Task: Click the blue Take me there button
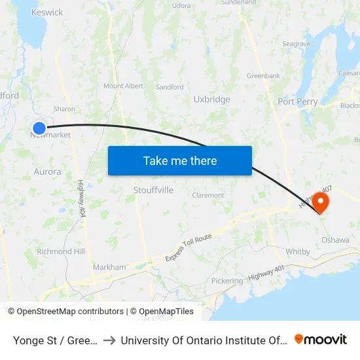pos(179,160)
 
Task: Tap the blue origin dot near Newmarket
pos(39,128)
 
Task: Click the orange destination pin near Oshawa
pos(321,200)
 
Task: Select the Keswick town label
pos(47,12)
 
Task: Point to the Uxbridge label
pos(211,99)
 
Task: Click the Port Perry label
pos(297,101)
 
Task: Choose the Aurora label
pos(47,171)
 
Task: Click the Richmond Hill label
pos(61,251)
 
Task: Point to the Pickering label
pos(226,280)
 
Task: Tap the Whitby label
pos(297,252)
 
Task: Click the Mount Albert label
pos(123,86)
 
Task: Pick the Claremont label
pos(208,195)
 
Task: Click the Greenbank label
pos(263,76)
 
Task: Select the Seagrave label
pos(296,44)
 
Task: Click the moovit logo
pos(321,339)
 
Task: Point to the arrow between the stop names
pos(109,340)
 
